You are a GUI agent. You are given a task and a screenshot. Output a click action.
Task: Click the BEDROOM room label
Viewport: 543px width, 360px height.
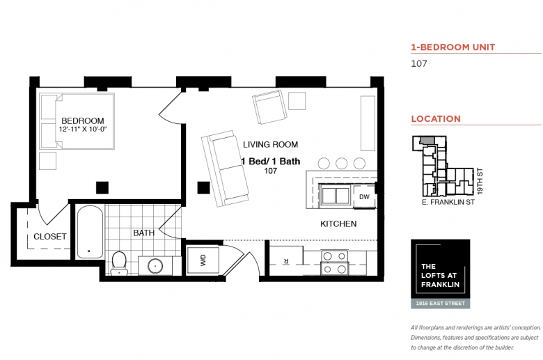point(83,120)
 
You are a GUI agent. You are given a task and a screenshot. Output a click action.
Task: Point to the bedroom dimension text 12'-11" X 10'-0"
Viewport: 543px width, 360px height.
point(83,130)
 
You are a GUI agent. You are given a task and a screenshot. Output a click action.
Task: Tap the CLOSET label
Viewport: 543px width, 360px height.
point(50,236)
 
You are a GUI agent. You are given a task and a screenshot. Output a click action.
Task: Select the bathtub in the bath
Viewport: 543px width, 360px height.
point(90,232)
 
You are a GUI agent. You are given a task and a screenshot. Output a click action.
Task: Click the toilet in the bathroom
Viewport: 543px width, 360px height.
point(119,263)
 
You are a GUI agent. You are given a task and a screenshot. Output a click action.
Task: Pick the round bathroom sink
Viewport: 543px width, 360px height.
point(155,266)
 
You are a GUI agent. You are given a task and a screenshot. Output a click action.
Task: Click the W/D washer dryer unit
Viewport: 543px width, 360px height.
point(203,260)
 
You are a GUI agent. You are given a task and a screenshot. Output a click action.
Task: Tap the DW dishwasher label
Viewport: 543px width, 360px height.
point(364,197)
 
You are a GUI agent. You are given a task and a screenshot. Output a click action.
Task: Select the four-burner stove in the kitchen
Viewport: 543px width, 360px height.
point(334,263)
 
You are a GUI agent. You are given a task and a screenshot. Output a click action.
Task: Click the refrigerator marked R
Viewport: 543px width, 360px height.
point(286,260)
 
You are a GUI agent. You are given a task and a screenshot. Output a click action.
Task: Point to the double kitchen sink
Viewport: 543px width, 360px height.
point(336,196)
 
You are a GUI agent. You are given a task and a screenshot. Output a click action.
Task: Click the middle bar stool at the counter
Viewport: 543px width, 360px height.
point(341,163)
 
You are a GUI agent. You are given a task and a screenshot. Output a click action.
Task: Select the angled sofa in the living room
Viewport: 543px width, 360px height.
point(225,169)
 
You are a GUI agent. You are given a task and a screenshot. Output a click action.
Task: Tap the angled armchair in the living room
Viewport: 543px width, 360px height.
point(270,107)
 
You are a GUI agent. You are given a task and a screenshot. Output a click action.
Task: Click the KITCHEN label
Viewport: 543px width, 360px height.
point(338,224)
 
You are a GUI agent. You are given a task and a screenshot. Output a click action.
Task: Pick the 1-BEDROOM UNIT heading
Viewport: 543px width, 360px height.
point(453,47)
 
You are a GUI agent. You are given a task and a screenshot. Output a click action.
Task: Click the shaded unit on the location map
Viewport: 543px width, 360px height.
point(427,141)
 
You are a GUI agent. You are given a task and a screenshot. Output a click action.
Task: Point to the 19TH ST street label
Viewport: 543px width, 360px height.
point(480,181)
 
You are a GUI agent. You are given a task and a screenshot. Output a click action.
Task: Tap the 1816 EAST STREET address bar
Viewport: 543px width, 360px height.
point(441,304)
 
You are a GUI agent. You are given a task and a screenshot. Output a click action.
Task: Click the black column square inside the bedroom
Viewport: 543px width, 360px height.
point(102,188)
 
